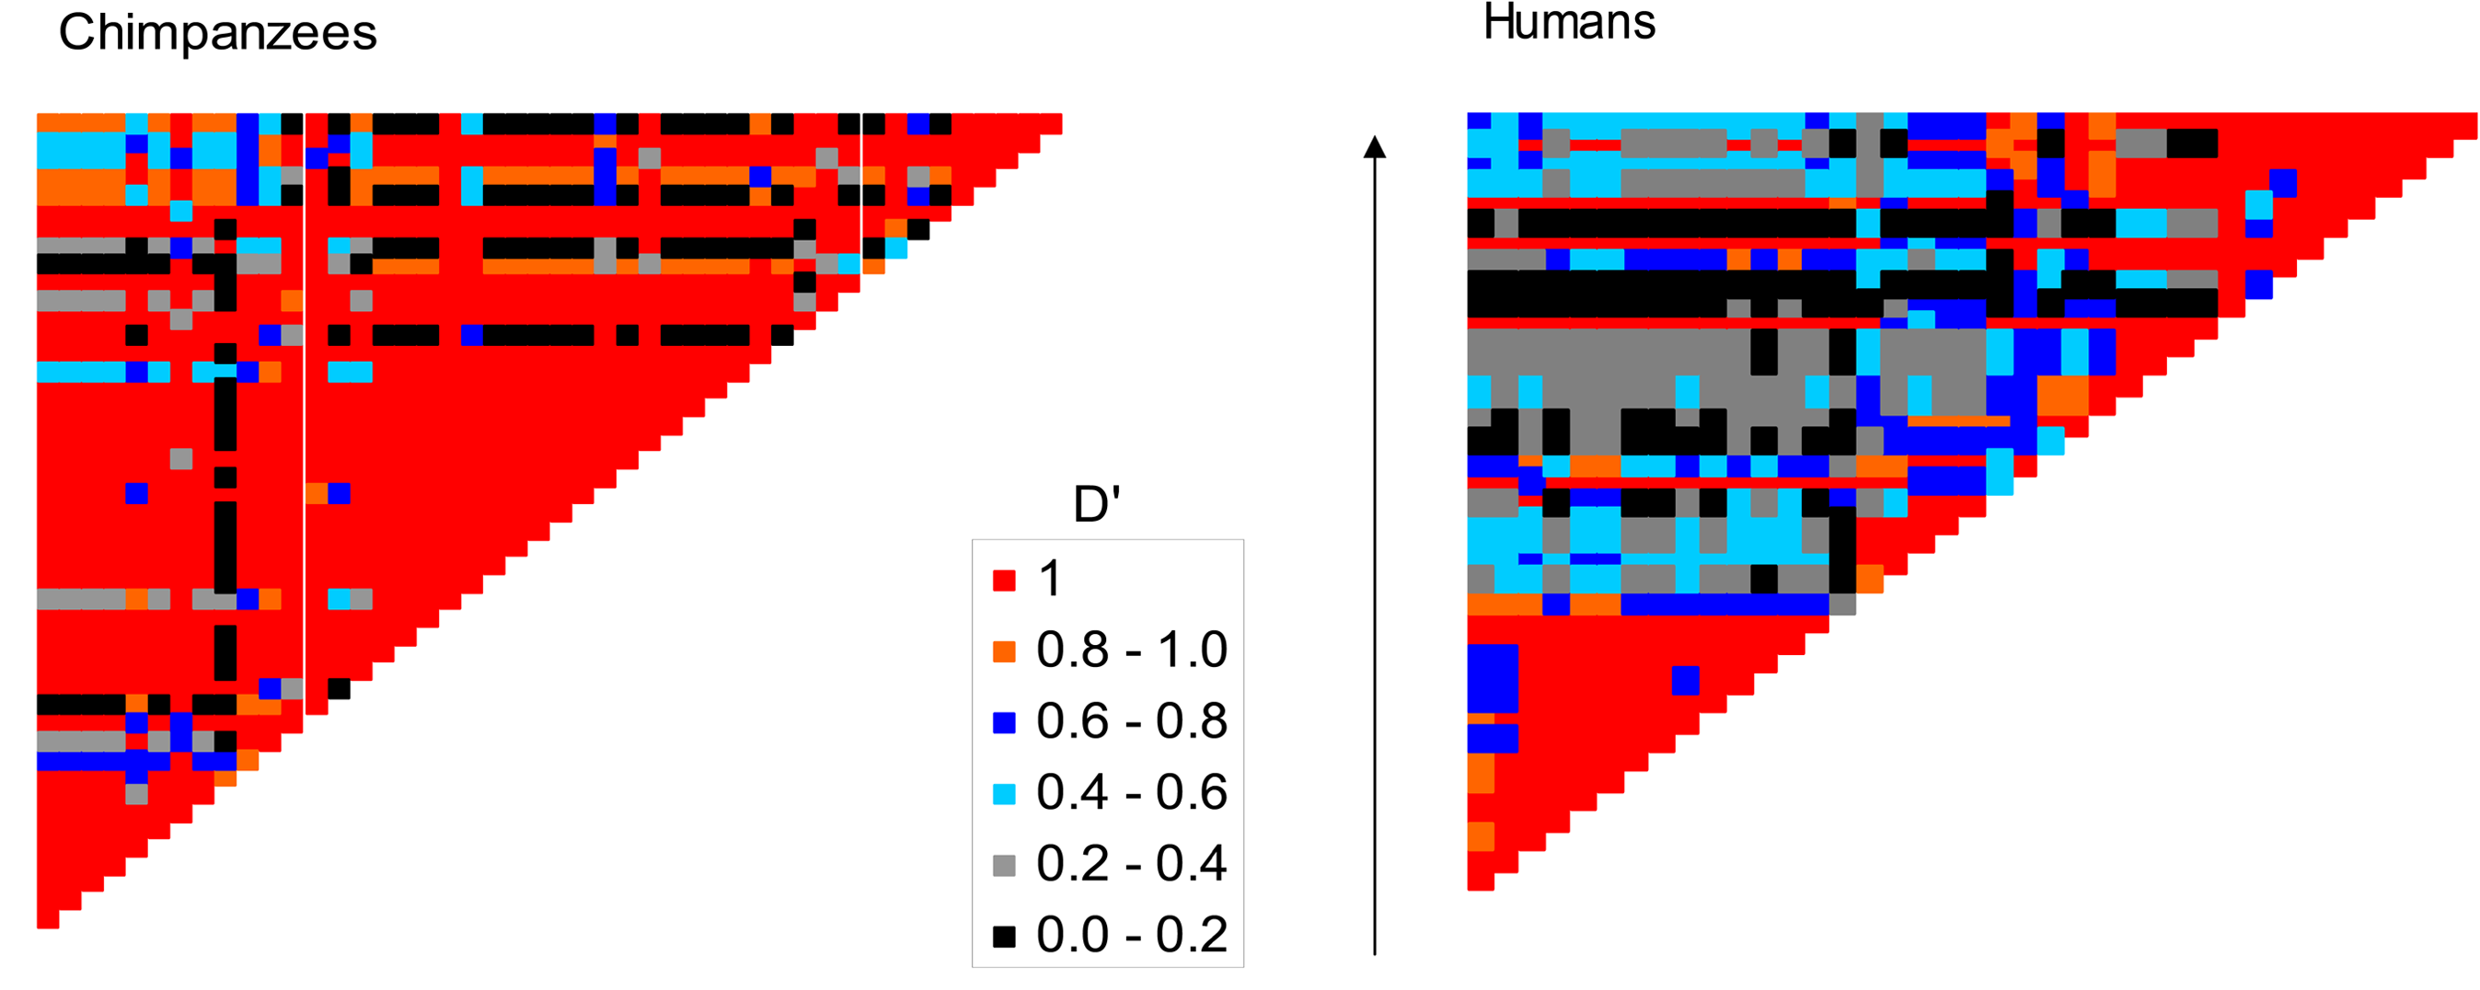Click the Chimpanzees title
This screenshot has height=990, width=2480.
click(217, 33)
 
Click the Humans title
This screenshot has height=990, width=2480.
click(1568, 22)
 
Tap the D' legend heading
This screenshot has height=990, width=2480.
click(1097, 504)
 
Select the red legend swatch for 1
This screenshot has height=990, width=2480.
click(1004, 580)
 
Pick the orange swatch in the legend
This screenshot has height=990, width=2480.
click(1004, 651)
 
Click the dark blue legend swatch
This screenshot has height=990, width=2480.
click(1004, 722)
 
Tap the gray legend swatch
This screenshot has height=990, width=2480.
click(1004, 865)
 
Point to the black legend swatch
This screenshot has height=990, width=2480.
click(1004, 936)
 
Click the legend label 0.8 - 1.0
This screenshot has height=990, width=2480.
click(1131, 650)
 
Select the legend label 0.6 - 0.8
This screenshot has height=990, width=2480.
click(1131, 721)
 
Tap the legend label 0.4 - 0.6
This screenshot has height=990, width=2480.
click(1131, 792)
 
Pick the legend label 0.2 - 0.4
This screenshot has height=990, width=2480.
click(1131, 864)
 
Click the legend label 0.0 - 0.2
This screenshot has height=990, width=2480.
click(1131, 935)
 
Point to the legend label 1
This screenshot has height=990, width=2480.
click(1049, 579)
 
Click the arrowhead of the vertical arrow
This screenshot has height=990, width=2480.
click(1375, 146)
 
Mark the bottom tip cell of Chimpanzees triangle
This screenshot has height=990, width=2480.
click(48, 919)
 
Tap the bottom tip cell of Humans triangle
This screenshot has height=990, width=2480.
click(1480, 881)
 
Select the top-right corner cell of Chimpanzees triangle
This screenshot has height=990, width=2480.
click(1050, 123)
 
